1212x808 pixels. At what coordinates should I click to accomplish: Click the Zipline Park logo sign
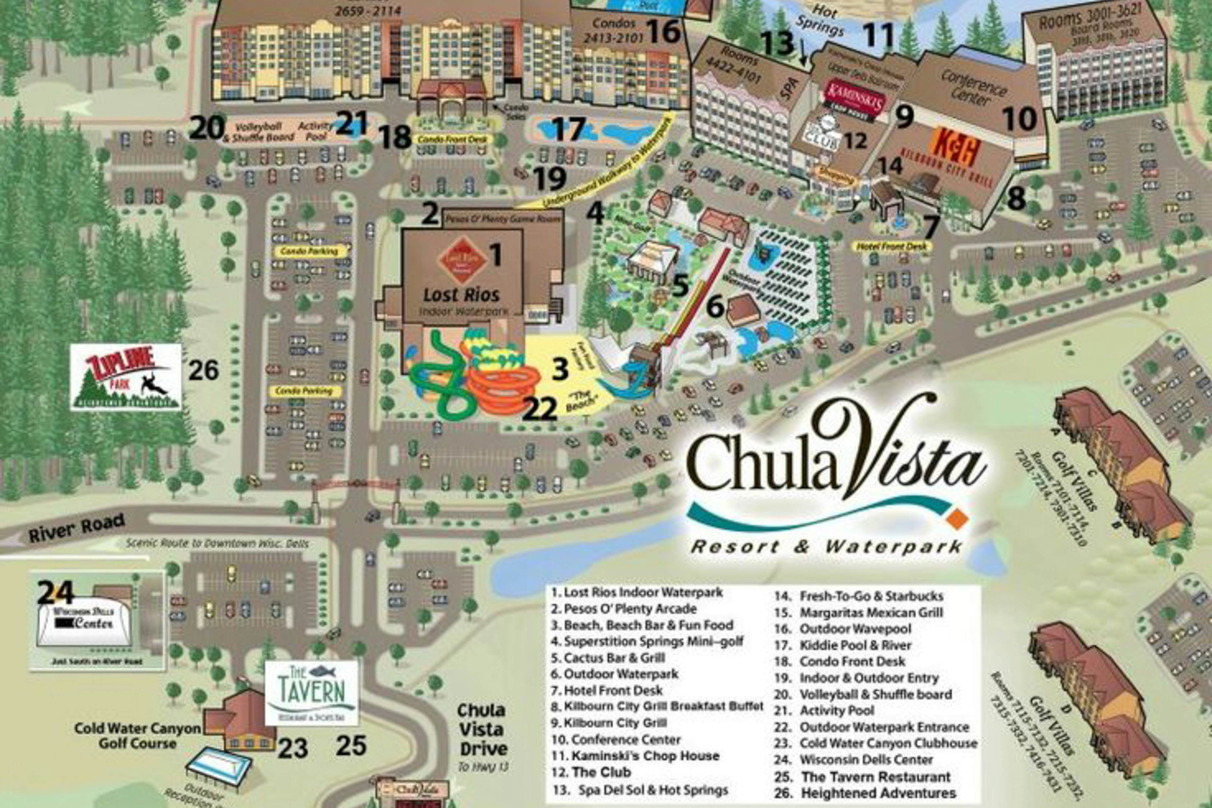[x=126, y=377]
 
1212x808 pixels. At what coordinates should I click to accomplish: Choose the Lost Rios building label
[x=461, y=295]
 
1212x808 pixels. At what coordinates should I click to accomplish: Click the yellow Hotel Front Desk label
[x=891, y=247]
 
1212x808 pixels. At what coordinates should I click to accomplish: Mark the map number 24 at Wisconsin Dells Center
[x=55, y=593]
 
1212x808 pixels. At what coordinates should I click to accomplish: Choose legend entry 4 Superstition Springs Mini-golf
[x=647, y=641]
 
